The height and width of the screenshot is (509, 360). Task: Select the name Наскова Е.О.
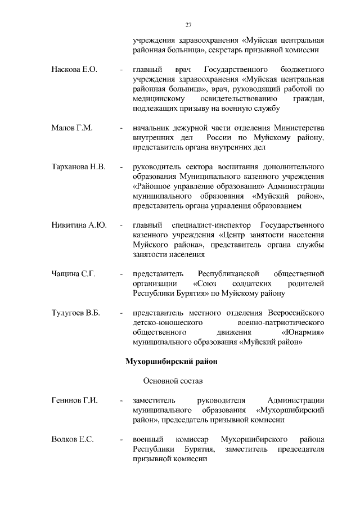click(x=74, y=69)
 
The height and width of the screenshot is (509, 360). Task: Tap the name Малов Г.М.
click(x=72, y=128)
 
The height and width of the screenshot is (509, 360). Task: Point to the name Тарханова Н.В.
click(x=79, y=168)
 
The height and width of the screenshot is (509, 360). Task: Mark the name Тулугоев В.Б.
click(x=75, y=313)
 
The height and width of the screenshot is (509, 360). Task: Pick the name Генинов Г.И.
click(x=75, y=400)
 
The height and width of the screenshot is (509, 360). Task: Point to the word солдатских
click(x=252, y=283)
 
